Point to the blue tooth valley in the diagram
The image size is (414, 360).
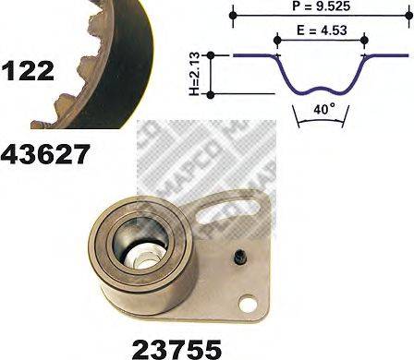tap(320, 90)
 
